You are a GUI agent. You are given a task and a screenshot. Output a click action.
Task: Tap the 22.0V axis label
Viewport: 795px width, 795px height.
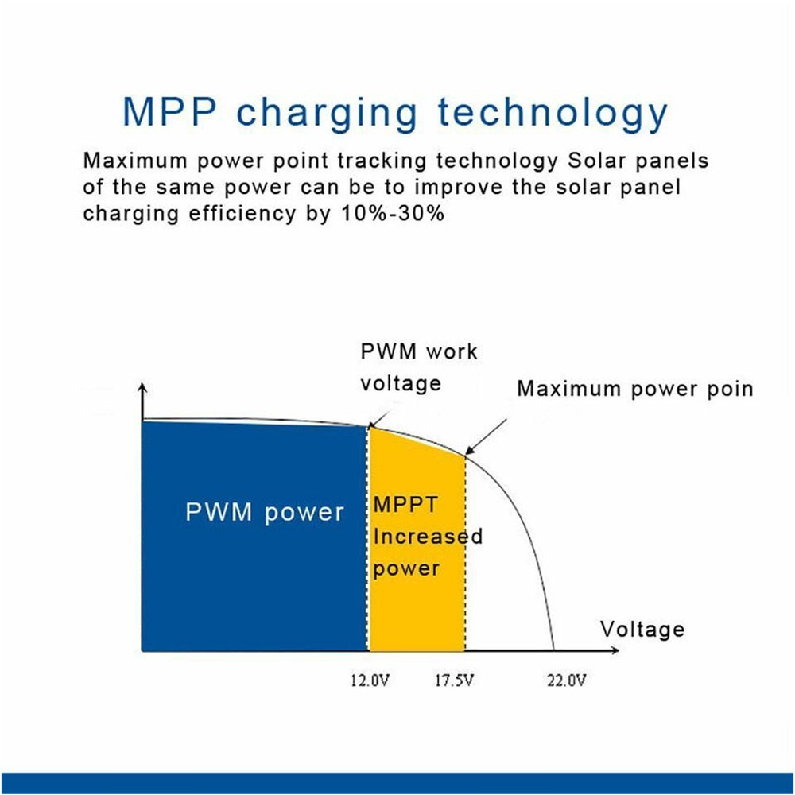(x=566, y=681)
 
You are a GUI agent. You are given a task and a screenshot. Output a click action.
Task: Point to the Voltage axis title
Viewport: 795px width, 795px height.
(x=642, y=630)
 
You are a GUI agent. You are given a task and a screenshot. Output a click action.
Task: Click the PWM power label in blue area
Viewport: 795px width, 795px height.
(x=265, y=512)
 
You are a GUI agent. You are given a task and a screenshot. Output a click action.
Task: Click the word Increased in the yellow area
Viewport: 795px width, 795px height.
(x=428, y=537)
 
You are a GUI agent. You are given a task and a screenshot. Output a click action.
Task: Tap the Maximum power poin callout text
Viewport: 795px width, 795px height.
(x=634, y=389)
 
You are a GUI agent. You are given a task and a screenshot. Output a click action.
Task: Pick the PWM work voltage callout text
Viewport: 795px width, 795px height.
(x=419, y=367)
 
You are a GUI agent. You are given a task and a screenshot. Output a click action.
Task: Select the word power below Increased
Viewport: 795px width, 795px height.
(x=406, y=568)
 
